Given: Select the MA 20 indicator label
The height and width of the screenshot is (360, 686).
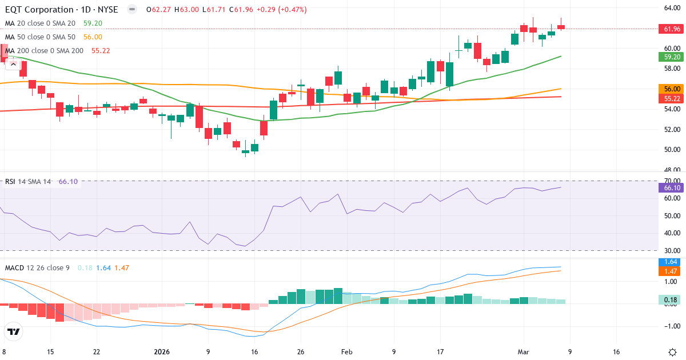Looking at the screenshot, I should pos(40,23).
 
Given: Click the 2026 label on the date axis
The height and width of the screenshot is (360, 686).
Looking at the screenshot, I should pos(163,352).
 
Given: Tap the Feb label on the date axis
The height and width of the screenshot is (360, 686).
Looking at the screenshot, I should pos(347,352).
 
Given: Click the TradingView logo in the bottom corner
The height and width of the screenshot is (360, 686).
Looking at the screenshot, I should pos(14,331).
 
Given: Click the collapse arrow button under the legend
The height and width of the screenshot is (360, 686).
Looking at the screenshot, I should pos(13,64).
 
